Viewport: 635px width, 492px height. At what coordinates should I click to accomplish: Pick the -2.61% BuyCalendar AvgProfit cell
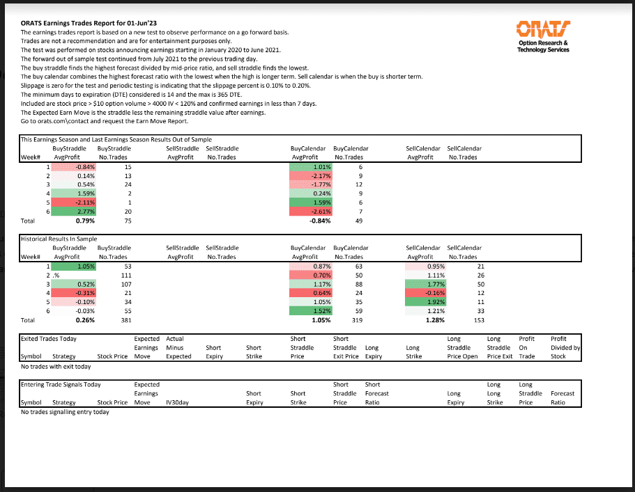[312, 212]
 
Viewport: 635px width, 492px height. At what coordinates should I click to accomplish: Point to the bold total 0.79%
[85, 221]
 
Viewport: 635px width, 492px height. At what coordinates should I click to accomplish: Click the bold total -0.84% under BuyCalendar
[318, 221]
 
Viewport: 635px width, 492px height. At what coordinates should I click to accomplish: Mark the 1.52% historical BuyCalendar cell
[312, 311]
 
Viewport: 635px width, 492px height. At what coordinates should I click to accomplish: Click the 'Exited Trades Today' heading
[49, 339]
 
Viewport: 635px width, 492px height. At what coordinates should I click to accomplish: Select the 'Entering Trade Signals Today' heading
[61, 384]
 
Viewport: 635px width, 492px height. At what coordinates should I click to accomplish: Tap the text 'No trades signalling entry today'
[66, 412]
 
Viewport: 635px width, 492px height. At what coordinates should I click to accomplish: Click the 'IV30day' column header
[176, 402]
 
